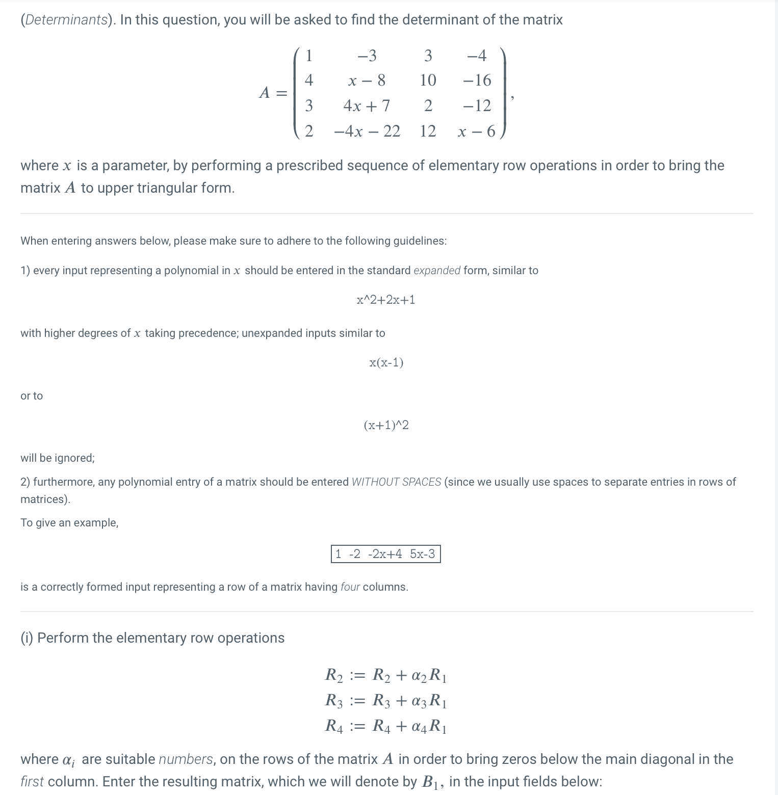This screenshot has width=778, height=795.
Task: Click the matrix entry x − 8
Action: pyautogui.click(x=367, y=80)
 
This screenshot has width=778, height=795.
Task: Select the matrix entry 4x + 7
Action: pyautogui.click(x=367, y=105)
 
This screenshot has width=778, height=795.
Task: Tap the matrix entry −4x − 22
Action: pyautogui.click(x=367, y=131)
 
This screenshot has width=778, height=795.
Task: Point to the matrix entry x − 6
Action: pyautogui.click(x=477, y=131)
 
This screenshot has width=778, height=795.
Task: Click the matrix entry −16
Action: pyautogui.click(x=477, y=80)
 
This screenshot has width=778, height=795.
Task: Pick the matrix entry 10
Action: pyautogui.click(x=428, y=80)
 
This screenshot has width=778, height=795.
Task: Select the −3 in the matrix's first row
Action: pyautogui.click(x=367, y=55)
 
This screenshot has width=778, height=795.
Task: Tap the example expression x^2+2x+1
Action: pyautogui.click(x=386, y=300)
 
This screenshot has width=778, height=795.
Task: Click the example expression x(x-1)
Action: pyautogui.click(x=386, y=362)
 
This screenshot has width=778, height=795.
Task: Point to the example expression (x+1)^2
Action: pyautogui.click(x=386, y=425)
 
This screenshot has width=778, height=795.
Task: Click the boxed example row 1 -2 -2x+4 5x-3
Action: pyautogui.click(x=385, y=554)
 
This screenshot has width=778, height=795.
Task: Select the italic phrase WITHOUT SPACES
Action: pyautogui.click(x=396, y=482)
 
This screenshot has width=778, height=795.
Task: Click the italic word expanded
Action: pyautogui.click(x=437, y=271)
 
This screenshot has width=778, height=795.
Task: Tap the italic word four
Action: pyautogui.click(x=350, y=587)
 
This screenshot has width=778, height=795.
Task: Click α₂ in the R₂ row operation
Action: pyautogui.click(x=417, y=676)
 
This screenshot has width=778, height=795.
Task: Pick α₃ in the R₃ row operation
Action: pyautogui.click(x=417, y=701)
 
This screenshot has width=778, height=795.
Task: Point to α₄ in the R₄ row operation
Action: pyautogui.click(x=417, y=726)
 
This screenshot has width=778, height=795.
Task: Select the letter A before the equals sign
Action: pyautogui.click(x=264, y=93)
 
